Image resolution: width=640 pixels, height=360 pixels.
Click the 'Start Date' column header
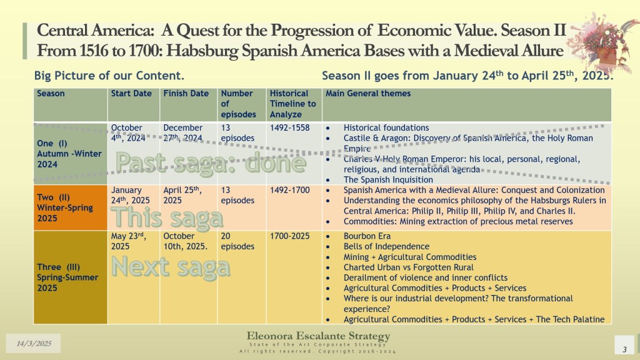pos(131,94)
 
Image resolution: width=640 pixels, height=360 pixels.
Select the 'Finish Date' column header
pos(186,94)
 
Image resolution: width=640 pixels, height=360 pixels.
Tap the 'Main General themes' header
pos(368,94)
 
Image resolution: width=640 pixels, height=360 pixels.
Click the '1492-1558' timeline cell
pos(290,127)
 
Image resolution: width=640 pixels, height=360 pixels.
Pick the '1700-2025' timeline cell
pos(290,236)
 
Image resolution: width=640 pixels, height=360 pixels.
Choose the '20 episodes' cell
pos(237,241)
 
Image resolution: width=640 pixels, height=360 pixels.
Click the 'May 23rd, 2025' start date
pos(129,241)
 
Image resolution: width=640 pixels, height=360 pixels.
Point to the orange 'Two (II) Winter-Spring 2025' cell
pos(71,207)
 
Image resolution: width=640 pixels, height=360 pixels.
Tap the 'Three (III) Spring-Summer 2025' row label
pos(67,277)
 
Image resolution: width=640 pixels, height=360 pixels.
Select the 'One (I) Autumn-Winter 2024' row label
pos(69,154)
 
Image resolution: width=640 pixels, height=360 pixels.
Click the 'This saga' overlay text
pos(167,217)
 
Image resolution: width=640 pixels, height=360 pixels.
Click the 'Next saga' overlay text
pos(171,267)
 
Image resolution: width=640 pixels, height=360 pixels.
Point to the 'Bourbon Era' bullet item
pos(367,236)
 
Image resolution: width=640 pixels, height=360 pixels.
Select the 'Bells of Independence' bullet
pos(386,246)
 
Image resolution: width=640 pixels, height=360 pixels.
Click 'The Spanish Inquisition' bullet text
pos(388,179)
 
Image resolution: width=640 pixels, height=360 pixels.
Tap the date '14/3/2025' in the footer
pos(34,343)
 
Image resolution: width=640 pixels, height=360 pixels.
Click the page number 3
pos(624,349)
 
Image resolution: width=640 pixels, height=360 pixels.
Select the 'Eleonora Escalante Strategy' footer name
pos(318,336)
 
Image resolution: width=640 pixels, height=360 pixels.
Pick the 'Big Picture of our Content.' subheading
pos(109,76)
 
